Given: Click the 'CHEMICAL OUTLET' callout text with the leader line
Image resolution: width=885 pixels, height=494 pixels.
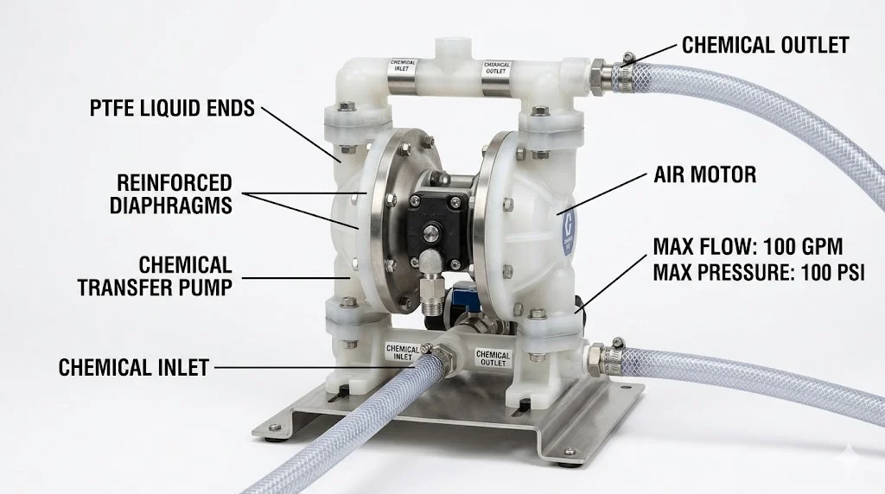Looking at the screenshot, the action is coord(766,45).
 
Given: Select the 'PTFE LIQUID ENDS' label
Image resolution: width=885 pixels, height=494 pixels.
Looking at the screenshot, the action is coord(172,108).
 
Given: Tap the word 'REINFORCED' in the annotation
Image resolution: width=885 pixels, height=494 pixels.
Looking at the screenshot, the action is coord(175,183).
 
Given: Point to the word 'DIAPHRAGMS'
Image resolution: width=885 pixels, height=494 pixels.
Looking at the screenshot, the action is coord(171,206).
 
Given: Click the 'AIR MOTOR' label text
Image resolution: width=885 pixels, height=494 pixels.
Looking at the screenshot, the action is coord(705,174).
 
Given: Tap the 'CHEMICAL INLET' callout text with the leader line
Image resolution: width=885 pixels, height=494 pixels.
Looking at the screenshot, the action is coord(134,368).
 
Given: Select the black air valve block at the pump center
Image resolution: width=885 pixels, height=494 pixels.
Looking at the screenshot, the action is coord(439,224).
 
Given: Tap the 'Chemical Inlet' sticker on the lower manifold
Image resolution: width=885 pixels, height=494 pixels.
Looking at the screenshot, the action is coord(402,353).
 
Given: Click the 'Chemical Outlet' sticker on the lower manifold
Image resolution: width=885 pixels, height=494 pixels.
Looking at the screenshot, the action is coord(493,358).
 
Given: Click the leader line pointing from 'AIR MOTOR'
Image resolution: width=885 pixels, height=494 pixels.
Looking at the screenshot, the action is coord(602,194).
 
